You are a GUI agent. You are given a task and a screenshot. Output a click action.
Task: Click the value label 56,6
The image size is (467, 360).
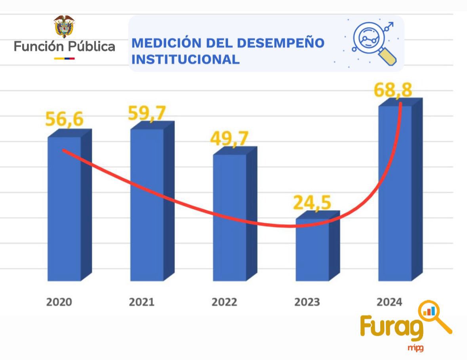point(65,119)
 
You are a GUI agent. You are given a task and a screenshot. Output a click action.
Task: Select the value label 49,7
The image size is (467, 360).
point(230,138)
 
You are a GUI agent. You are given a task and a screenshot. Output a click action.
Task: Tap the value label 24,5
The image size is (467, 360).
point(313,202)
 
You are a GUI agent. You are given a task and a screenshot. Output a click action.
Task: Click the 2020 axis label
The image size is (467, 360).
point(59,302)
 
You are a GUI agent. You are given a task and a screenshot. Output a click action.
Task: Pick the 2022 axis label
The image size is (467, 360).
point(224,302)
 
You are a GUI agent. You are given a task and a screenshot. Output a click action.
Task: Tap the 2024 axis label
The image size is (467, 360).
point(389,302)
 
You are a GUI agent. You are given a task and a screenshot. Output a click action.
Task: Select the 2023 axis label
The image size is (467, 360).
point(307,302)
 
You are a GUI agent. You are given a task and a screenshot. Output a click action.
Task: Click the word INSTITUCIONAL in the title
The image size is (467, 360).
point(185,59)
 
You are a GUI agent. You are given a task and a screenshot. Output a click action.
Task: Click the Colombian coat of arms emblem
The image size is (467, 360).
point(64,27)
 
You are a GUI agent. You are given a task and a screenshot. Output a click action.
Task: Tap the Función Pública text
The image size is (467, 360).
point(65,47)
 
